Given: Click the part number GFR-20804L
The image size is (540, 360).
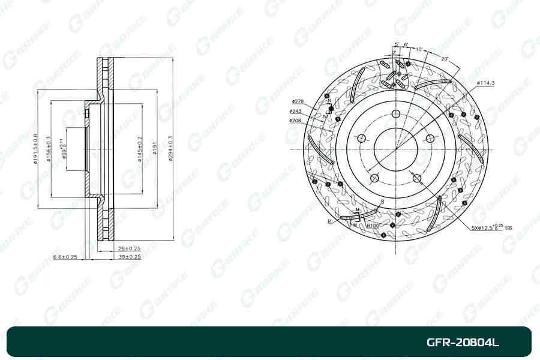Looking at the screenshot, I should [462, 343].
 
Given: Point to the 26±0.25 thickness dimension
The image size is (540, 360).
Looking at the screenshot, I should [129, 248].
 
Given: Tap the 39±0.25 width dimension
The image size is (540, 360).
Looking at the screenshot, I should [129, 256].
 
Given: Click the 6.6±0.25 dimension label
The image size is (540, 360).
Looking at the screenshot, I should [65, 256].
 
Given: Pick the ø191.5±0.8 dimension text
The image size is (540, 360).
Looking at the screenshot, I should [35, 149].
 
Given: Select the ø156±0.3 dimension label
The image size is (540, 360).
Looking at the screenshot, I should [49, 149].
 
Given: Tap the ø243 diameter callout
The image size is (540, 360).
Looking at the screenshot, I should [295, 111].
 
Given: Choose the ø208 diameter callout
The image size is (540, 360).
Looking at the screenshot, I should [295, 120].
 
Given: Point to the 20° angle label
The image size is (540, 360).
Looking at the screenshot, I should [444, 58].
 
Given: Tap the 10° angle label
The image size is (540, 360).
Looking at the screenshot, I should [418, 49].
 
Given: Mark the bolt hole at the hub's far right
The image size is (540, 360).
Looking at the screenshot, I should [430, 139].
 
